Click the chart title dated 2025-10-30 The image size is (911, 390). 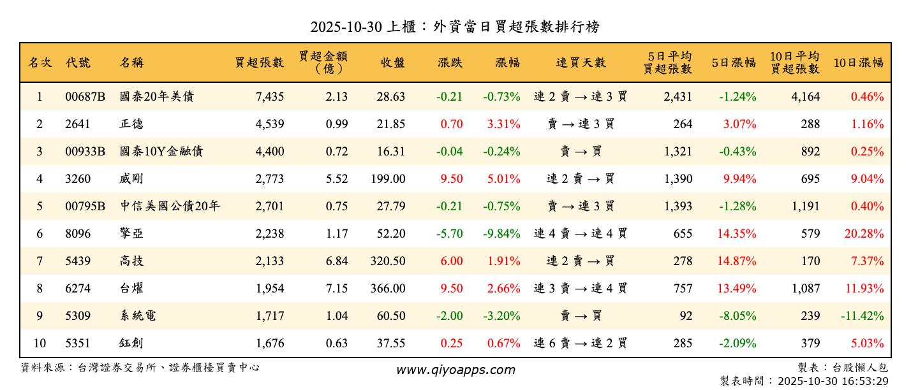(x=455, y=27)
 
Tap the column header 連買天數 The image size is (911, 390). (x=581, y=62)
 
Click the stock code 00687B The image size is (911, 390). (x=85, y=97)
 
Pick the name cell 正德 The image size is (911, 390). (x=131, y=124)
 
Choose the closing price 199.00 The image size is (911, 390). (x=388, y=179)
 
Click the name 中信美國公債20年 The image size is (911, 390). (x=170, y=206)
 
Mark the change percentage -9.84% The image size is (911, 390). (x=501, y=234)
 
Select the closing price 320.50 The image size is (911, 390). (x=388, y=261)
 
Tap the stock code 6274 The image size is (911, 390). (x=78, y=289)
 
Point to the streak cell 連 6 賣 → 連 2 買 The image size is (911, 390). (x=581, y=343)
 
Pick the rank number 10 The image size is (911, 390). (x=40, y=343)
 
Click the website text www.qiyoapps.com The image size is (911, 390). (x=455, y=370)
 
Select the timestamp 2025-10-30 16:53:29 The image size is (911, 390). (x=832, y=381)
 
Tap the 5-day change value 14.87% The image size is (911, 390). (x=737, y=261)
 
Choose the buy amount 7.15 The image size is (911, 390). (x=337, y=289)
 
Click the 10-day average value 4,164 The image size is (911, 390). (x=806, y=97)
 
